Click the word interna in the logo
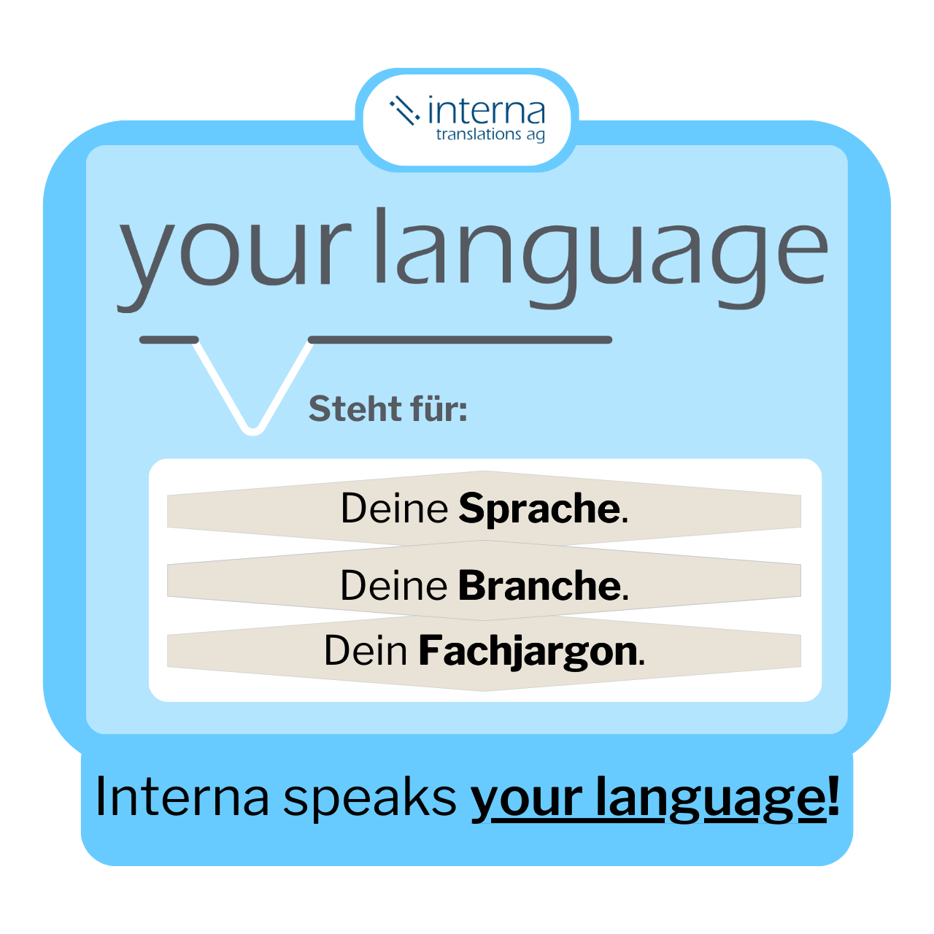coord(486,112)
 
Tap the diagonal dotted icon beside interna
coord(404,110)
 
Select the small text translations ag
coord(490,135)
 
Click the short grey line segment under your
coord(169,339)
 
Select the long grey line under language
coord(460,339)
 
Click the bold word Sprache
coord(540,509)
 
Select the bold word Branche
coord(540,585)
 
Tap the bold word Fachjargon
coord(528,651)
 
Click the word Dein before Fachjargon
coord(366,651)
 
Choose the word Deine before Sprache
coord(394,509)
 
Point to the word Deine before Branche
coord(394,585)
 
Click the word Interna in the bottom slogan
coord(182,797)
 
